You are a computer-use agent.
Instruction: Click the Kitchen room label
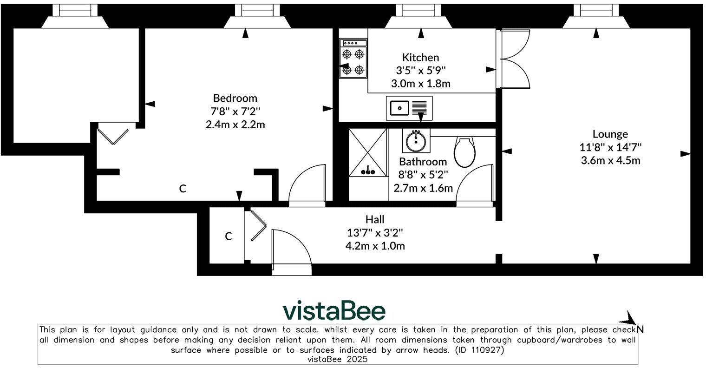point(420,58)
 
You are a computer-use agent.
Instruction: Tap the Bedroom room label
point(235,98)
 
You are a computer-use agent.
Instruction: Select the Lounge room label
point(610,134)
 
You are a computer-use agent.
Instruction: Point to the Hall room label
point(375,219)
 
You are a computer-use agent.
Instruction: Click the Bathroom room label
point(423,162)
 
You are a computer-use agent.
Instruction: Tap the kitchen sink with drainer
point(409,108)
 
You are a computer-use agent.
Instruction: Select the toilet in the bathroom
point(464,151)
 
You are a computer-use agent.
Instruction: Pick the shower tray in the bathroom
point(367,153)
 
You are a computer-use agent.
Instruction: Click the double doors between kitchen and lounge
point(515,59)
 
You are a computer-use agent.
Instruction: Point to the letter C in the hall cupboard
point(229,237)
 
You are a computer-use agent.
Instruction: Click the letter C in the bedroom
point(183,189)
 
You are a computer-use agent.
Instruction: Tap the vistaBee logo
point(334,311)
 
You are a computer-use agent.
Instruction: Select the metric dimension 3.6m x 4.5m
point(610,161)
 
